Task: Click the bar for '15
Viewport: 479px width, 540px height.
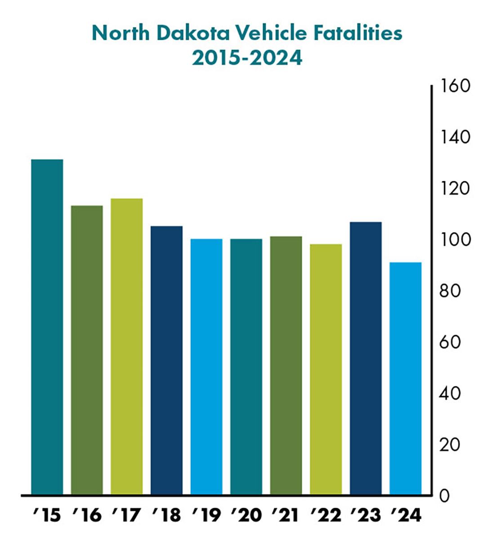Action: (x=47, y=327)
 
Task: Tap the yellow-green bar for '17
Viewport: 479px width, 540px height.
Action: (x=127, y=346)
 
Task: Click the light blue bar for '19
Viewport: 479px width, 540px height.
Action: (x=206, y=367)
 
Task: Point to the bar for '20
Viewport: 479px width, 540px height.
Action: (x=246, y=367)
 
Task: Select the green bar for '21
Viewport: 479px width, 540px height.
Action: (x=286, y=365)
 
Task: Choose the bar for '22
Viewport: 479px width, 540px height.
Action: (x=326, y=369)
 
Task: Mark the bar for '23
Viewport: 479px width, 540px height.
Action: (x=366, y=358)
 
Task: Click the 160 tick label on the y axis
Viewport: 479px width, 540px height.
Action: (x=456, y=85)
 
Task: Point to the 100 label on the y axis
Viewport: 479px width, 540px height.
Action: (x=456, y=239)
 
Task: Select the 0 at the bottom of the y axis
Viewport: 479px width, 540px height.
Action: (x=444, y=496)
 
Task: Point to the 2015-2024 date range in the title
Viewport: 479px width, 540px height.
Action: (x=247, y=58)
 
